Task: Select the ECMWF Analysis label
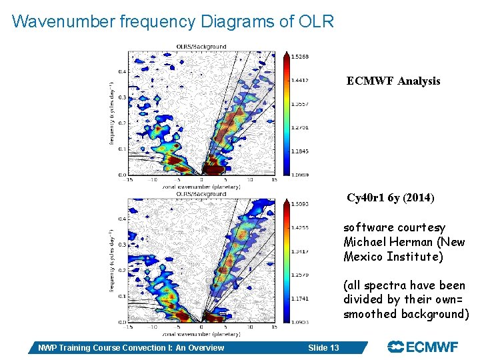(393, 81)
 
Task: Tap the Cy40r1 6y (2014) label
(390, 198)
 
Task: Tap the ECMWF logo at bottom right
(423, 347)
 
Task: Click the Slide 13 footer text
(323, 347)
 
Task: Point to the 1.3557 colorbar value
(300, 104)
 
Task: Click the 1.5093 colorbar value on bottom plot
(300, 203)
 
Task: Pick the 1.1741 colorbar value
(300, 299)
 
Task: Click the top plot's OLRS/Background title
(201, 47)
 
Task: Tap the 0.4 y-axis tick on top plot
(122, 71)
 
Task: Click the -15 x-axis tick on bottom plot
(127, 327)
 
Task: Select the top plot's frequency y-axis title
(111, 113)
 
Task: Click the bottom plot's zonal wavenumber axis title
(201, 333)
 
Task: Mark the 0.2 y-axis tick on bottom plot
(122, 271)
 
